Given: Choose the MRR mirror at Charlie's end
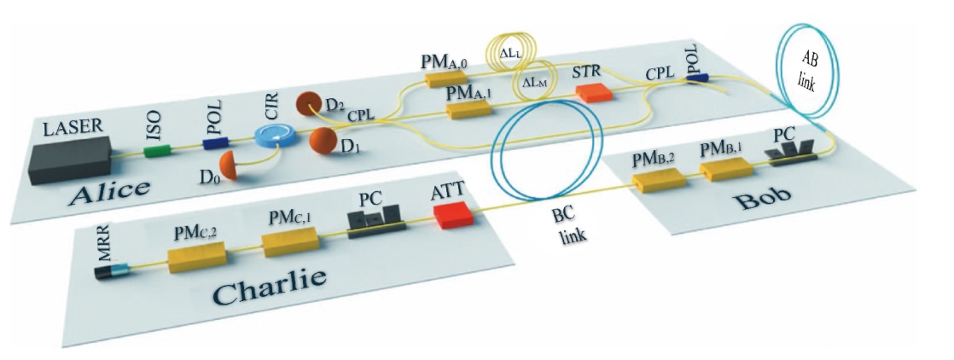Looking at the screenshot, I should point(112,272).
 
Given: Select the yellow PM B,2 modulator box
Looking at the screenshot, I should point(659,181).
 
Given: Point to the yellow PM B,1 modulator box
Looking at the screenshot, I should point(725,171).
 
